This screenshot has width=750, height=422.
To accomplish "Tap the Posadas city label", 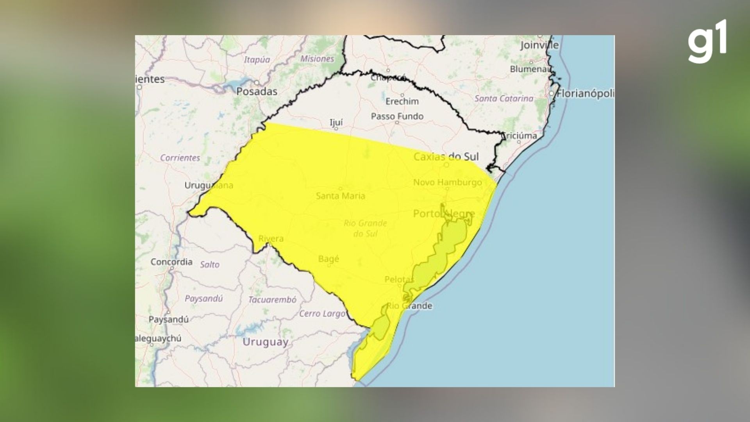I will point(257,91).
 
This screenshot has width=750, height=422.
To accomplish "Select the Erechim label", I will point(402,102).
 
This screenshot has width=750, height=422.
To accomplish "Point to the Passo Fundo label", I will point(397,116).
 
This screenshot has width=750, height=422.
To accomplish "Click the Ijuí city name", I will point(336,123).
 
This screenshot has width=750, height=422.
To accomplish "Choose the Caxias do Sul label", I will point(446,157).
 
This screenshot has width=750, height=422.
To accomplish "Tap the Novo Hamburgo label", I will point(447,182).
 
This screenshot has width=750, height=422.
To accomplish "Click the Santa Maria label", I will point(340,196).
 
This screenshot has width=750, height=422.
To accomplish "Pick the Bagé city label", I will point(329,259).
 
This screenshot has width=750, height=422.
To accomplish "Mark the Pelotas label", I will point(399,279).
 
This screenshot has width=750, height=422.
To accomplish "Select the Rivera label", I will point(271,238).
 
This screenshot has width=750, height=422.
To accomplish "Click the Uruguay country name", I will point(265,342).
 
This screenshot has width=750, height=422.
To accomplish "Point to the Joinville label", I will point(539,45).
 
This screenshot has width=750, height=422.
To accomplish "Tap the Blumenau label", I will point(530,69).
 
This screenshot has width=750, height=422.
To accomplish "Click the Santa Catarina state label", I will point(504,98).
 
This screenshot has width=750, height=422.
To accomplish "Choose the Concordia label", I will point(171,262).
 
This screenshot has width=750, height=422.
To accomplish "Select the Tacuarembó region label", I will point(272,300).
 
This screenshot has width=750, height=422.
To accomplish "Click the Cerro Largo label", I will point(322,313).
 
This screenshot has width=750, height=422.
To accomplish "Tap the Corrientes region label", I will point(180,158).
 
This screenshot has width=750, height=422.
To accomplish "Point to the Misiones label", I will point(317,59).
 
